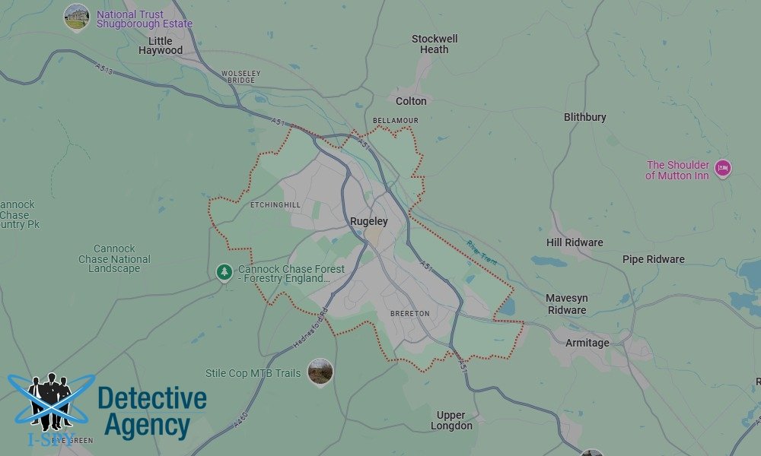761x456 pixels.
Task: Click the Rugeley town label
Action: (x=368, y=222)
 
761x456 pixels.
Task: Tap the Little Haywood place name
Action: (x=161, y=46)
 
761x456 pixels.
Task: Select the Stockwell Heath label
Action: (x=435, y=44)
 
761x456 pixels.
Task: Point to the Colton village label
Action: (x=411, y=101)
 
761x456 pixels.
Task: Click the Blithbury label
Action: (x=585, y=117)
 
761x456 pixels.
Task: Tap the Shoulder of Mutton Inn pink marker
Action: (x=723, y=169)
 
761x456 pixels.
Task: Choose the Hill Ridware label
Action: (x=575, y=242)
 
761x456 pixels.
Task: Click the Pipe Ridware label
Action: (x=653, y=259)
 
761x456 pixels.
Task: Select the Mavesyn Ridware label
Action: (x=566, y=304)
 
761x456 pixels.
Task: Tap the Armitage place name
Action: (x=587, y=343)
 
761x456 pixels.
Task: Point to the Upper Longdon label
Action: (x=451, y=420)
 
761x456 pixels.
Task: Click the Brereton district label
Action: (x=409, y=313)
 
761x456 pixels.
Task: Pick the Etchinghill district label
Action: (x=275, y=205)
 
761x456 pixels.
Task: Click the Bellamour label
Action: (x=396, y=121)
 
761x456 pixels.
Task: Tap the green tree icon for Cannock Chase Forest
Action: (x=224, y=271)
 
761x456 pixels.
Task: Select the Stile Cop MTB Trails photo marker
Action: (x=320, y=372)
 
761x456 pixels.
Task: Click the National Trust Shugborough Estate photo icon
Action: (x=76, y=16)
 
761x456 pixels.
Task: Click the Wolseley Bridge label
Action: (x=238, y=77)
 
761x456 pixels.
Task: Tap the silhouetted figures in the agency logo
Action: (x=50, y=399)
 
